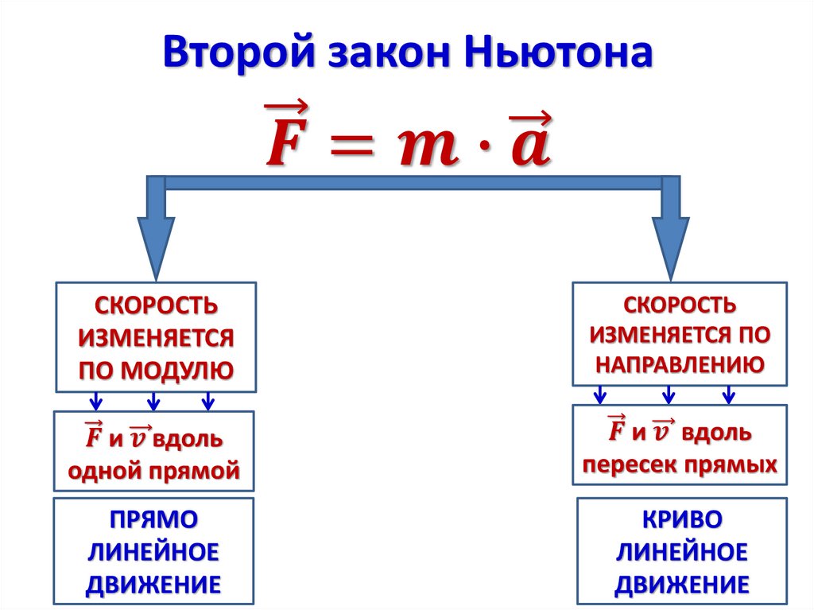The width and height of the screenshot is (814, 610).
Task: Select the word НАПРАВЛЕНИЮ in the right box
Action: point(680,364)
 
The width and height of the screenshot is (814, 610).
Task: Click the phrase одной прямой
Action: point(154,471)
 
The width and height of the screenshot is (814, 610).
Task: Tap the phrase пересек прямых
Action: point(680,464)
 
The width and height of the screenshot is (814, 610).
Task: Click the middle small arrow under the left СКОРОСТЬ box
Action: point(154,399)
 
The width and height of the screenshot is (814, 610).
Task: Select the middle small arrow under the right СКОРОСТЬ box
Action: point(669,394)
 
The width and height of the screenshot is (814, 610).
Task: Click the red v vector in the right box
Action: point(664,432)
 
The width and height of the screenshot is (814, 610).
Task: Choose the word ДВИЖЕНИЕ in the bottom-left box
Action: point(153,585)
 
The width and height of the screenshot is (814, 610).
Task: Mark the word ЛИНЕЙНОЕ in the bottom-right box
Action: point(681,552)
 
